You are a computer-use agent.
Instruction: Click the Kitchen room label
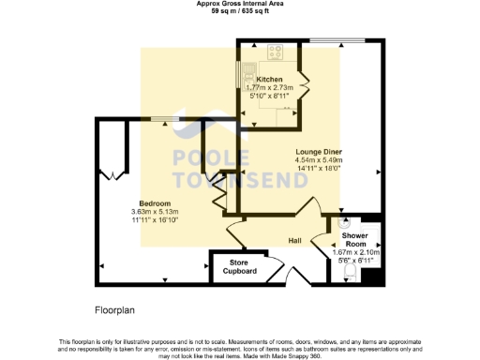269,80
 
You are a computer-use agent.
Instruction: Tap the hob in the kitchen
277,52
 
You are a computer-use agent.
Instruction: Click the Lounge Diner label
320,152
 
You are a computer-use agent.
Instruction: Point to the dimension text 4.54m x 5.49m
320,160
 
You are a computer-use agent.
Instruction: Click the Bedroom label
155,203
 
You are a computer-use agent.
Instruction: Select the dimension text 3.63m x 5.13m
155,212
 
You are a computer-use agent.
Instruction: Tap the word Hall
293,240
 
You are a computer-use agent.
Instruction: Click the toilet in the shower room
350,271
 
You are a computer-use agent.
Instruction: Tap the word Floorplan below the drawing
116,308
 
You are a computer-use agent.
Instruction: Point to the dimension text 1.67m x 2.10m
357,251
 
